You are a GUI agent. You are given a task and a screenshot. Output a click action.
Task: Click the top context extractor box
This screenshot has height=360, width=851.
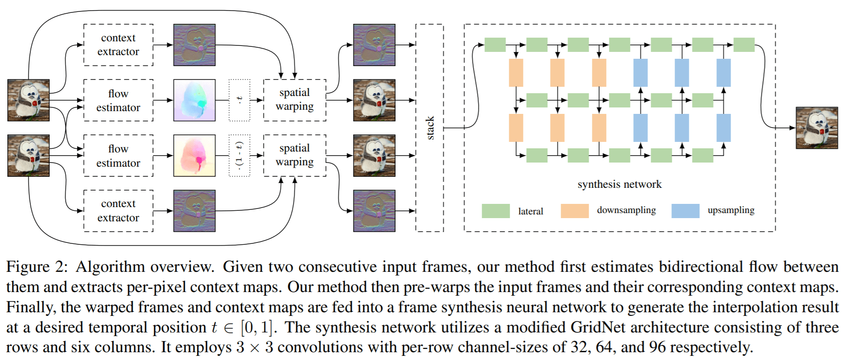tap(118, 45)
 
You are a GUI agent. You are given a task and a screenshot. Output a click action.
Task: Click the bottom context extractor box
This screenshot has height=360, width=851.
tap(118, 211)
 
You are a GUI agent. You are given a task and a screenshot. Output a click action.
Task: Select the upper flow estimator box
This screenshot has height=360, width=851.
tap(118, 101)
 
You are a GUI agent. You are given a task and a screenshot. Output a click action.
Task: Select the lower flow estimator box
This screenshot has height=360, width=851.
tap(118, 156)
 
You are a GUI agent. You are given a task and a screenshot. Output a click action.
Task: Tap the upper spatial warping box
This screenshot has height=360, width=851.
tap(294, 100)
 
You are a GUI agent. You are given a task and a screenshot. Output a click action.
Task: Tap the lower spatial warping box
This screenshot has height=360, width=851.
tap(294, 155)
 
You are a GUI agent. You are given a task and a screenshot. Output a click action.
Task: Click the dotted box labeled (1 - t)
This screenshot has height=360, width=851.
tap(239, 156)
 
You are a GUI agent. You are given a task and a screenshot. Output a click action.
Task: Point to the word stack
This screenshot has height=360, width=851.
tap(430, 128)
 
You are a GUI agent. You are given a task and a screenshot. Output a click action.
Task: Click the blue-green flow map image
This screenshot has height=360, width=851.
tap(194, 100)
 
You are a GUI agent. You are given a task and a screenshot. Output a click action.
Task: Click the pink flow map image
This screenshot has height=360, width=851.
tap(194, 156)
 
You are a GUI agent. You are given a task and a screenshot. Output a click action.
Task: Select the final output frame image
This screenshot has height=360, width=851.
tap(817, 128)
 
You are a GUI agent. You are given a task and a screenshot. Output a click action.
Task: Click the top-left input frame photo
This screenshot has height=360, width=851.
tap(28, 100)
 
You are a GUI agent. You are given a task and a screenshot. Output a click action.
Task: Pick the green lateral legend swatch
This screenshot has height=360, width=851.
tap(496, 211)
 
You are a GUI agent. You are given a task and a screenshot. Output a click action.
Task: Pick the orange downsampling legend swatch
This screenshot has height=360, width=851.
tap(575, 211)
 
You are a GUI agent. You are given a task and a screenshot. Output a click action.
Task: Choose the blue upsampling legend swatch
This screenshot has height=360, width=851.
tap(685, 211)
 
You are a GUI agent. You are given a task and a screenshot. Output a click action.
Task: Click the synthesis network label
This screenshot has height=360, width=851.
tap(619, 184)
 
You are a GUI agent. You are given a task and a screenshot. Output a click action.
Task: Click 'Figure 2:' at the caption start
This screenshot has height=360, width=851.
tap(37, 267)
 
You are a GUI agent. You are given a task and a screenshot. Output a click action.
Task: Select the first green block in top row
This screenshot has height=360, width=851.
tap(495, 45)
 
